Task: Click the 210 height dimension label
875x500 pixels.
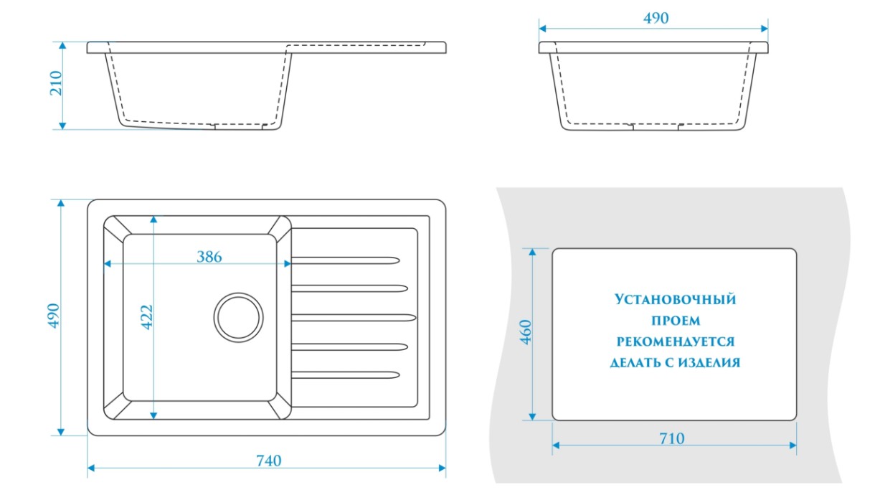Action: pos(56,85)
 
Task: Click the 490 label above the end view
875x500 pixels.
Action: pos(656,18)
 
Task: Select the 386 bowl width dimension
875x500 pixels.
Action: pos(209,256)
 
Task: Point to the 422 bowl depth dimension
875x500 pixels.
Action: pos(146,316)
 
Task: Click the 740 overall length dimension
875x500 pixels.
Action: pos(268,461)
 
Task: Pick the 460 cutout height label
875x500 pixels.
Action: pos(525,333)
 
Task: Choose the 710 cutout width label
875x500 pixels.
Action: pos(671,438)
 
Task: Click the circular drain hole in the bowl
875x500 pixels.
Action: pos(237,316)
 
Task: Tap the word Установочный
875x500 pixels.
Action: pos(675,299)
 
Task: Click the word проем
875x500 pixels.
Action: pos(676,321)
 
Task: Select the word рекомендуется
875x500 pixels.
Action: pos(675,341)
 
